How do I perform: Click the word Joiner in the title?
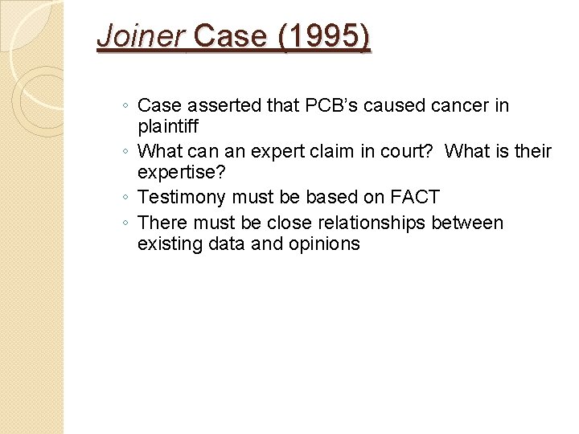[x=141, y=37]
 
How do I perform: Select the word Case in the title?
[x=230, y=37]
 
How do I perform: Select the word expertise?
[x=180, y=173]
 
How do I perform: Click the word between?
[x=467, y=223]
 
